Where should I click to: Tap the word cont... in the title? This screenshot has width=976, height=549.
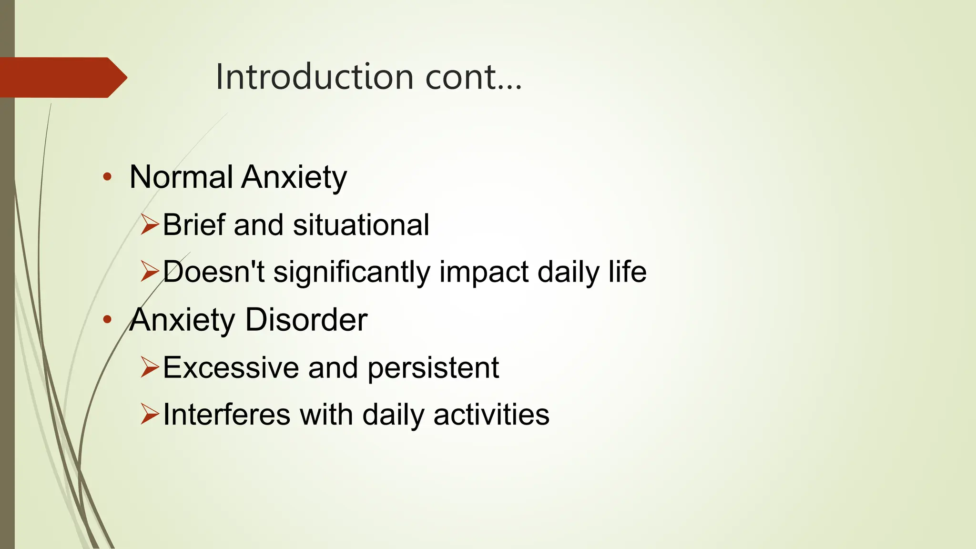[473, 78]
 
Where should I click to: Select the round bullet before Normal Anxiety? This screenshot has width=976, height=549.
[107, 177]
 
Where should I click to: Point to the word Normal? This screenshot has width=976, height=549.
[181, 177]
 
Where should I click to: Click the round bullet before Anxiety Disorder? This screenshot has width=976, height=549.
[107, 319]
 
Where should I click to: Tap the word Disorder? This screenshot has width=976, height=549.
[306, 319]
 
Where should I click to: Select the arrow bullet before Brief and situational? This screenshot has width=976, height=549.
[149, 224]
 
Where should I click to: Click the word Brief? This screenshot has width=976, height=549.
[194, 224]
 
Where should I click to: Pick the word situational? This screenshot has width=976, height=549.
[361, 225]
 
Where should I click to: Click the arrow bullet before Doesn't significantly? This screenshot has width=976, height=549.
[149, 271]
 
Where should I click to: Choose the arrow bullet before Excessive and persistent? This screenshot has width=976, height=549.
[149, 367]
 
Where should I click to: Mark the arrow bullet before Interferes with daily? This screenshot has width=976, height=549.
[149, 414]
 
